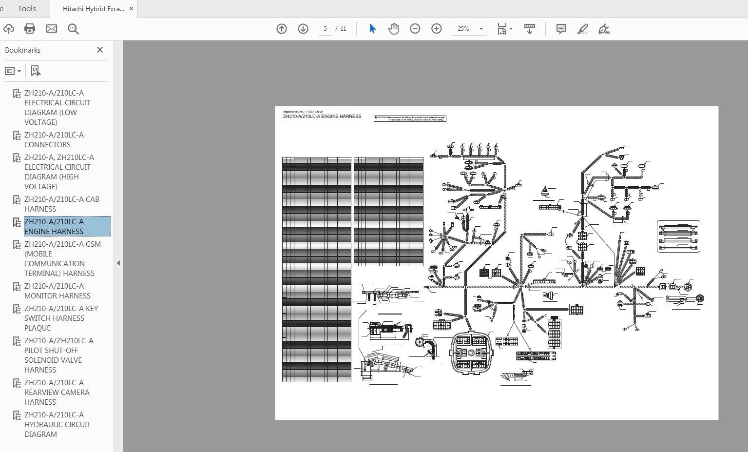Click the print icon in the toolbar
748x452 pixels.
click(x=30, y=29)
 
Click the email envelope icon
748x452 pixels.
click(x=52, y=29)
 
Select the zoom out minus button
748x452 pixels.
click(x=415, y=29)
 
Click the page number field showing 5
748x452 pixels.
click(x=325, y=29)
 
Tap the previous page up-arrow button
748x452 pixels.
click(x=282, y=29)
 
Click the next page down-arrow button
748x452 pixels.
click(x=303, y=29)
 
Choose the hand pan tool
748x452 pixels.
click(x=394, y=29)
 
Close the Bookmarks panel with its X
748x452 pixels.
click(x=100, y=50)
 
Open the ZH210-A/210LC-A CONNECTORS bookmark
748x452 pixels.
click(x=54, y=139)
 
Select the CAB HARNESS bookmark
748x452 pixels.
click(x=61, y=204)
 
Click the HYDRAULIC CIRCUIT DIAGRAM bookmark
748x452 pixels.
click(x=57, y=424)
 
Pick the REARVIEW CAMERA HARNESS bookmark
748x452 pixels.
click(x=57, y=392)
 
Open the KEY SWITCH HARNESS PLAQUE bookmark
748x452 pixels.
click(x=61, y=318)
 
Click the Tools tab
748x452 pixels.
click(x=27, y=9)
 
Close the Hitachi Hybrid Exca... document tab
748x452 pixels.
click(x=131, y=9)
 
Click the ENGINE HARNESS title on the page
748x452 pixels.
click(x=322, y=117)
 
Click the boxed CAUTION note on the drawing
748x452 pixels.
click(x=410, y=118)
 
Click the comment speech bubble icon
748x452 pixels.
click(x=561, y=29)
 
